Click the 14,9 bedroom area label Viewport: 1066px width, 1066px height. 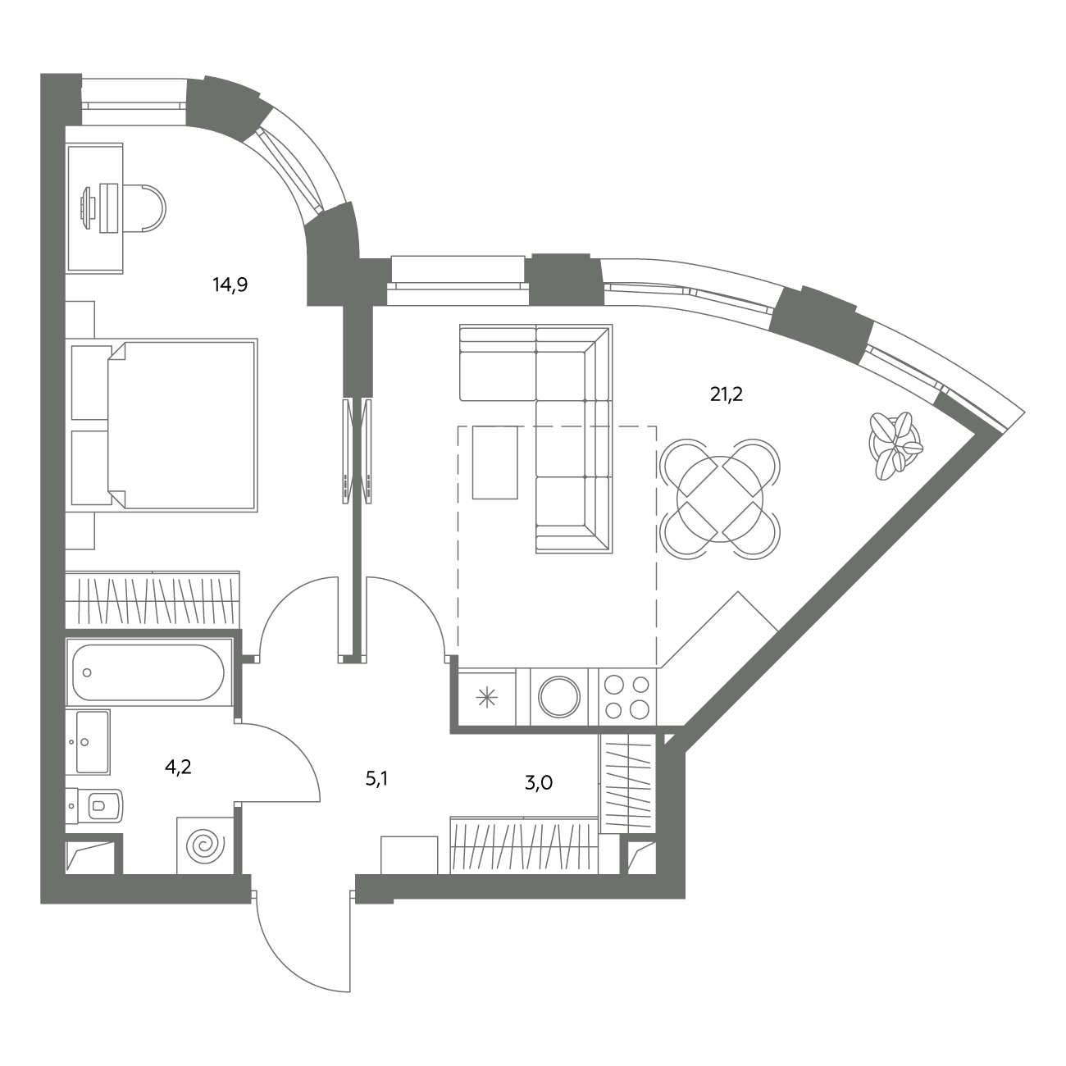click(x=230, y=285)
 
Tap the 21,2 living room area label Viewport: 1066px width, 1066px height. click(x=727, y=395)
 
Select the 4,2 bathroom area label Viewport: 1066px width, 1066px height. click(x=178, y=767)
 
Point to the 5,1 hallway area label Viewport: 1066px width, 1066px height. click(x=376, y=779)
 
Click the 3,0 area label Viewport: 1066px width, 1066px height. click(x=539, y=783)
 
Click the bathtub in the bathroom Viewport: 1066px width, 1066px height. click(x=148, y=672)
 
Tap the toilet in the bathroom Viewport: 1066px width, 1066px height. click(x=94, y=805)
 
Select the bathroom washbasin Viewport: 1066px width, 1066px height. click(x=88, y=742)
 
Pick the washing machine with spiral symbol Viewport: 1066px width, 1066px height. click(x=206, y=845)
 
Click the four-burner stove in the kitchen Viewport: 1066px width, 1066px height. click(x=626, y=697)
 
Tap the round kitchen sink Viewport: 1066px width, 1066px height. click(x=559, y=696)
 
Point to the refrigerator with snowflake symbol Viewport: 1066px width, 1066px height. click(x=487, y=697)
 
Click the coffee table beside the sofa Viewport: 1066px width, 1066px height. click(x=495, y=462)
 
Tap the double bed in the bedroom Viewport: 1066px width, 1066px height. click(x=182, y=424)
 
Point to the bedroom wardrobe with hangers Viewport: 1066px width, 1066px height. click(x=153, y=599)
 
